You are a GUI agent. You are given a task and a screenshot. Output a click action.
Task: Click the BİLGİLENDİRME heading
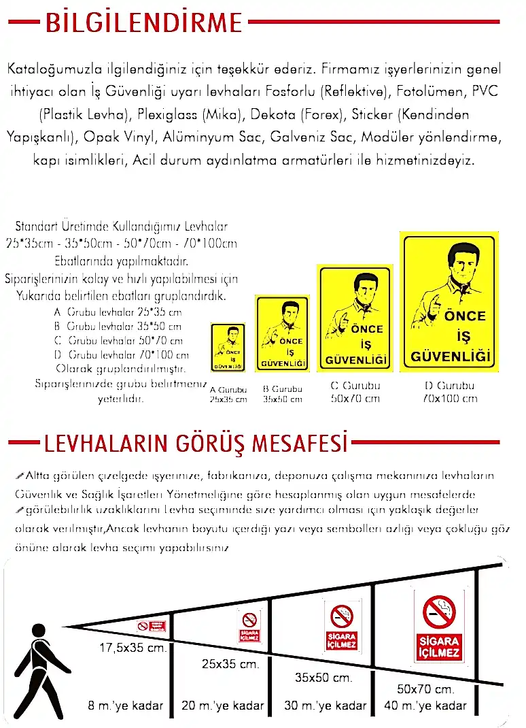pos(143,23)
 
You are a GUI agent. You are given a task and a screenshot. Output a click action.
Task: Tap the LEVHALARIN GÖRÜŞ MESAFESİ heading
pos(196,445)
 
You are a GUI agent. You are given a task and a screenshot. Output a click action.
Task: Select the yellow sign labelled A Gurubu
pos(228,348)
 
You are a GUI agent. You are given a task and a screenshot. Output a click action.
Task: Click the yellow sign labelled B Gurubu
pos(282,333)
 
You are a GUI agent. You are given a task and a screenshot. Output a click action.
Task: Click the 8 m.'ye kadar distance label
pos(126,706)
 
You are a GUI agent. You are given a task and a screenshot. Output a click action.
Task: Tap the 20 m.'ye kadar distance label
pos(223,706)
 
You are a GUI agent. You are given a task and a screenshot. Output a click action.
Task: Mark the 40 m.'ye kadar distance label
pos(425,706)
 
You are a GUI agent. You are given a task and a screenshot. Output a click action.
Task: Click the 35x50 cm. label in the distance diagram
pos(323,678)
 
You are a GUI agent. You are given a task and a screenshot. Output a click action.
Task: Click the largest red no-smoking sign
pos(439,626)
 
